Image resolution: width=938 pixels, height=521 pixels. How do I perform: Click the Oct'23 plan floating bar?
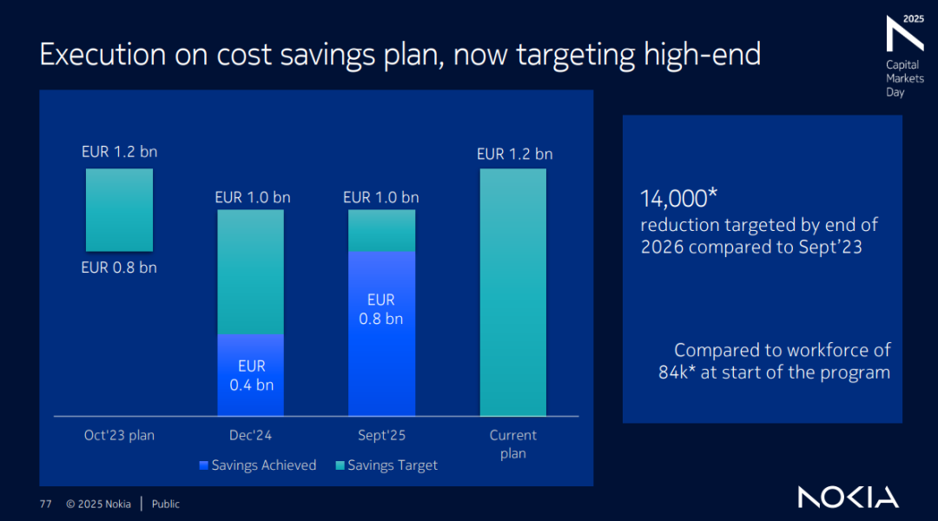[119, 210]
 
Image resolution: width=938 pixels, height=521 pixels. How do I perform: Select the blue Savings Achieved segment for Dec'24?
[250, 375]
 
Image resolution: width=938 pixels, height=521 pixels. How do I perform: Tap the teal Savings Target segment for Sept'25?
[381, 231]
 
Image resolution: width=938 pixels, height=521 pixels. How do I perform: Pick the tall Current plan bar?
[512, 293]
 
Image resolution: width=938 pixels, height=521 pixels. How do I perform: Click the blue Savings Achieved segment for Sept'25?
[381, 333]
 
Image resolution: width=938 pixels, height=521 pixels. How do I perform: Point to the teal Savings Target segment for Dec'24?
[250, 272]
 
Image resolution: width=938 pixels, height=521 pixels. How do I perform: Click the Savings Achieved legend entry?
[257, 465]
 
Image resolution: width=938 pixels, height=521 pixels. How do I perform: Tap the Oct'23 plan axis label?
[119, 435]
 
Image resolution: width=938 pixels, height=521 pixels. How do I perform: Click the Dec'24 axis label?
[251, 435]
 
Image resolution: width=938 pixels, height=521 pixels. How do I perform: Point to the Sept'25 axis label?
[381, 435]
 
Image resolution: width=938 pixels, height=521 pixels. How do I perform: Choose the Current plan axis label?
[512, 444]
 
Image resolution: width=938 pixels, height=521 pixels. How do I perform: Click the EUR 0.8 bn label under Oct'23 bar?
[119, 267]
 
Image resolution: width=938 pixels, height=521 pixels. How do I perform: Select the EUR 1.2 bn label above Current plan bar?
[514, 154]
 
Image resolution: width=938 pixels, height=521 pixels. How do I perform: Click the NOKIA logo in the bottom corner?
[849, 498]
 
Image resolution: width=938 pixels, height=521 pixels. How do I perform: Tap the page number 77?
[45, 504]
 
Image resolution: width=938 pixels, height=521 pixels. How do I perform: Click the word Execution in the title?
[91, 55]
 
